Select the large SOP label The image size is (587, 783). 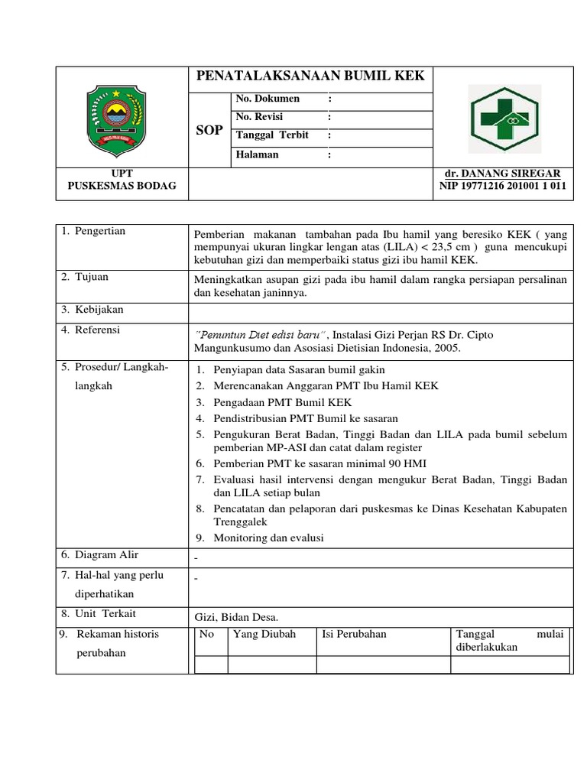(209, 130)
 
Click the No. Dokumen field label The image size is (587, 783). (268, 99)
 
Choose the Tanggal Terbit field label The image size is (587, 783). (272, 135)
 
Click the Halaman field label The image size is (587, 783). (258, 154)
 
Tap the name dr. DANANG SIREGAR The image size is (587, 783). (502, 174)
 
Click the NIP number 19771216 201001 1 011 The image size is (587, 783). (502, 186)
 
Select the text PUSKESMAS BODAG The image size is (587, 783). (122, 186)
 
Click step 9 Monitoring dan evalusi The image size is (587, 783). (268, 538)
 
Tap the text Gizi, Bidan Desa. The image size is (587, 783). (236, 616)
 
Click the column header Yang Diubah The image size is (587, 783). (264, 634)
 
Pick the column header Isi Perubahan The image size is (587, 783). (355, 634)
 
